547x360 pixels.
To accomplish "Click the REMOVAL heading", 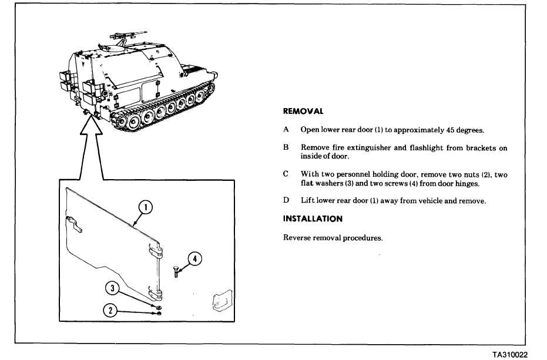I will click(x=303, y=111).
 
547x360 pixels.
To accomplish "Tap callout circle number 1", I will click(x=145, y=207).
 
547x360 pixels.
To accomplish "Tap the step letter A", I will click(x=286, y=130).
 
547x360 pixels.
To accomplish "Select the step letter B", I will click(x=286, y=148).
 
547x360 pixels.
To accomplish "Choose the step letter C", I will click(x=286, y=174).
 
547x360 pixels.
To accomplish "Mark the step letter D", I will click(x=286, y=200).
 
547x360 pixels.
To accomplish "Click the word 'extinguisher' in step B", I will click(x=369, y=148).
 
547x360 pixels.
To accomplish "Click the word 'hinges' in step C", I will click(x=467, y=184).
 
